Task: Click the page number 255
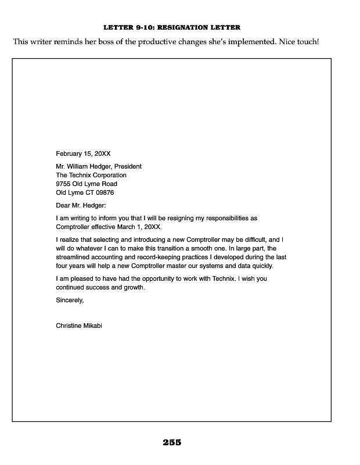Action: [x=172, y=443]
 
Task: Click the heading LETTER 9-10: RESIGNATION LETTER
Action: [x=171, y=27]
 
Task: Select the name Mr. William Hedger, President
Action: [x=99, y=166]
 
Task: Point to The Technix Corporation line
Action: [x=91, y=175]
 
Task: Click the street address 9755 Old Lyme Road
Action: [x=87, y=184]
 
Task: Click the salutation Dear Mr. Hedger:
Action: [x=81, y=205]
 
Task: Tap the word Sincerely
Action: [x=70, y=301]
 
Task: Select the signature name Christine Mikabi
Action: [x=79, y=325]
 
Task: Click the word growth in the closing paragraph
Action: [x=134, y=287]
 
